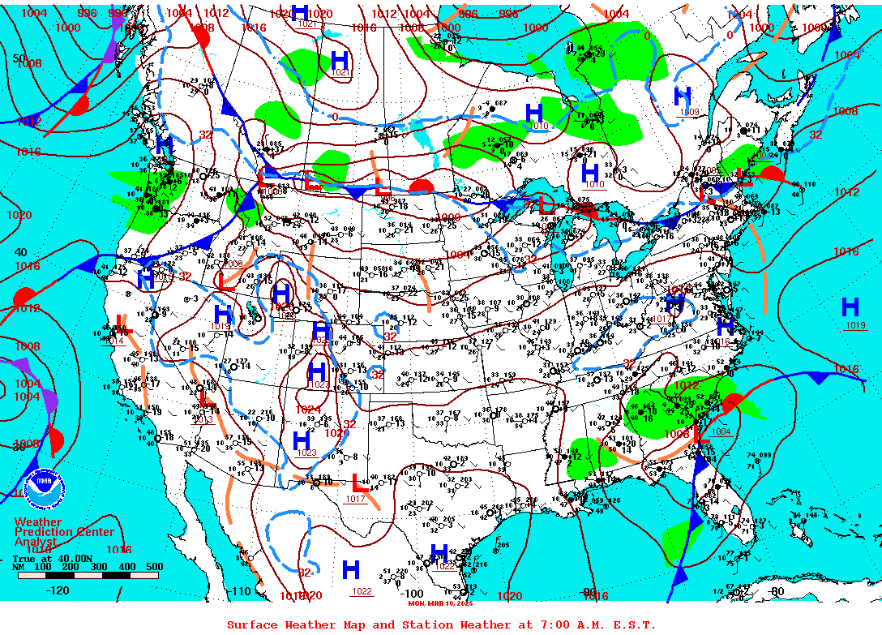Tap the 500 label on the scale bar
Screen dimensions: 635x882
point(153,567)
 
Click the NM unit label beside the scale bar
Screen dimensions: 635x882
point(18,567)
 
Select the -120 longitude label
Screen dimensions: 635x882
point(58,590)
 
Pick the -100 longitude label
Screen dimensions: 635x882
point(413,594)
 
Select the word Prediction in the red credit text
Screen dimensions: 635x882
point(45,531)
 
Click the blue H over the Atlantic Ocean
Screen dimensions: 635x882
point(850,307)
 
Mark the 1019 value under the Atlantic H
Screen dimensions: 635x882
point(855,325)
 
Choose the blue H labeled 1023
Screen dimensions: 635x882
point(301,440)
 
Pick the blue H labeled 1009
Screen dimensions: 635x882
point(683,96)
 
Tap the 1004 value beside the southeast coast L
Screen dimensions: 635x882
point(721,431)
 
